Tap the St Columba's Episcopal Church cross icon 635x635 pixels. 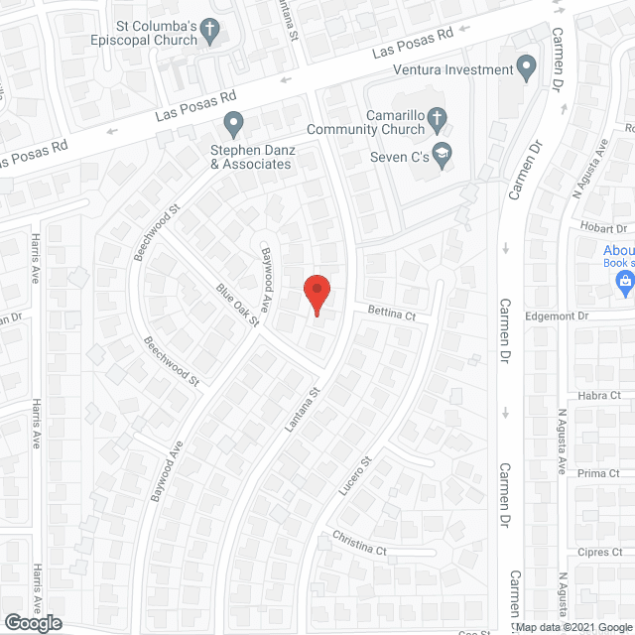(x=209, y=32)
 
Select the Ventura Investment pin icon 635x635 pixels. (x=527, y=68)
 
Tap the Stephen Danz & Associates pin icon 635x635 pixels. (x=234, y=125)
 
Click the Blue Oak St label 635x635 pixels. (x=237, y=305)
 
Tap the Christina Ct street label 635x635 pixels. (x=359, y=548)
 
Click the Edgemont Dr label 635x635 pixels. (x=557, y=316)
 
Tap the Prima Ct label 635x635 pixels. (x=599, y=473)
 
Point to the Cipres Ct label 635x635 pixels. (x=600, y=552)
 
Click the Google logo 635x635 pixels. (x=31, y=623)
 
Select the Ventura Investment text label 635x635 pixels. (x=452, y=69)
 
